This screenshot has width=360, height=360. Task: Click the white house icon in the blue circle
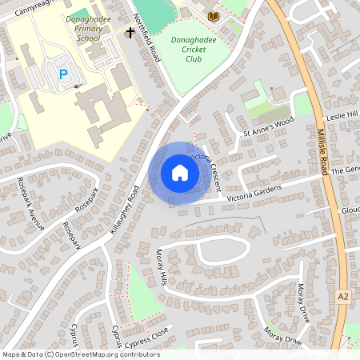179,172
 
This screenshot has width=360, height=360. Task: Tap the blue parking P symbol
63,74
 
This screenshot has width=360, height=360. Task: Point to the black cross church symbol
130,33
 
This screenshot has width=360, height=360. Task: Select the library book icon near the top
213,16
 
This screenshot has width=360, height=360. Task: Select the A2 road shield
343,296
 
